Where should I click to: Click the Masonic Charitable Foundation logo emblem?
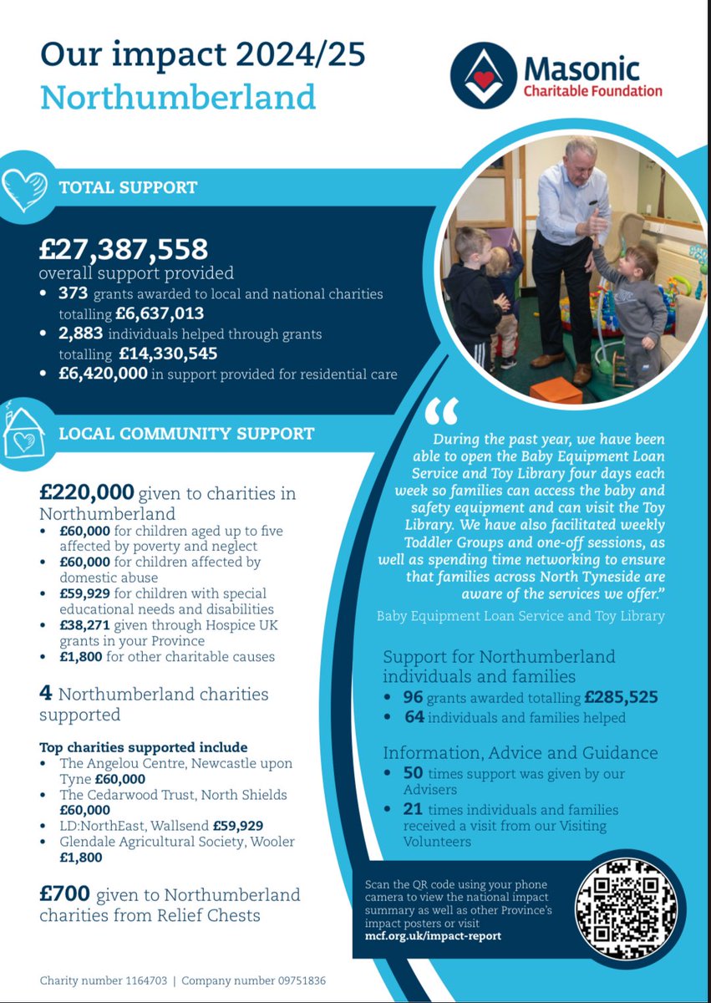[x=485, y=76]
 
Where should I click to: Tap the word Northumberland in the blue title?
[x=178, y=98]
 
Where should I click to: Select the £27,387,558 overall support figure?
[x=124, y=248]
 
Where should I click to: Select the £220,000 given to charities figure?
[x=86, y=493]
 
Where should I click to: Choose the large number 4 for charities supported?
[x=47, y=694]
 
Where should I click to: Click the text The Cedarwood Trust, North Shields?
[x=173, y=794]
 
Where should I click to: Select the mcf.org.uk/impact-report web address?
[x=434, y=935]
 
